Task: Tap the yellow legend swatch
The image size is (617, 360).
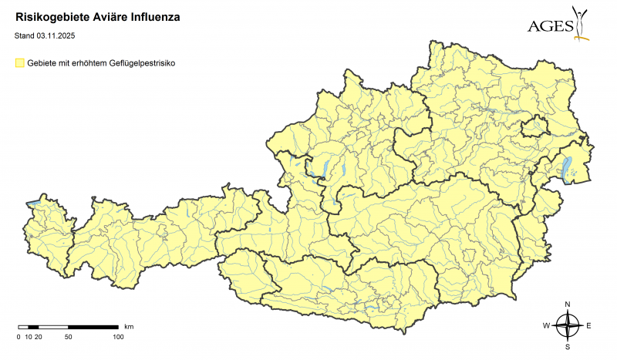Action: click(20, 64)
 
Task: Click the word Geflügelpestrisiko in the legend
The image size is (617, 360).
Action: click(144, 64)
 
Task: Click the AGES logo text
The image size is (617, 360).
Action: click(551, 27)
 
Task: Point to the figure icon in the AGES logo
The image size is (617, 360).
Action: click(581, 22)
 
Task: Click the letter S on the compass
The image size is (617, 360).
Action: click(568, 347)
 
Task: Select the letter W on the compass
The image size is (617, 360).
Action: click(546, 326)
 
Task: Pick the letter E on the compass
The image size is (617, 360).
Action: click(589, 326)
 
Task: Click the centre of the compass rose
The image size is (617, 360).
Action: click(568, 326)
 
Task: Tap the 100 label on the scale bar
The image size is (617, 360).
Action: click(118, 337)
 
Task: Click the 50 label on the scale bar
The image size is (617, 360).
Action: click(69, 337)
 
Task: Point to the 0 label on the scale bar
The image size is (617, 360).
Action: click(19, 337)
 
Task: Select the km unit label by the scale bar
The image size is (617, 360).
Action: click(129, 327)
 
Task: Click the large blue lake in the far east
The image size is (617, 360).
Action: click(569, 167)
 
